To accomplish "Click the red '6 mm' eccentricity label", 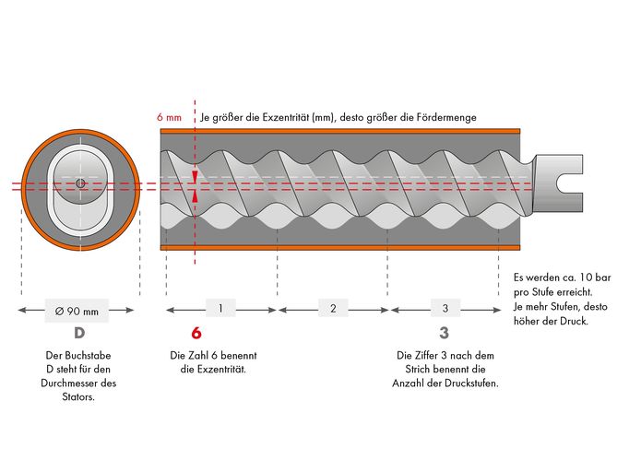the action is (169, 117).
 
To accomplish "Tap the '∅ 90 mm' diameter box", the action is (77, 311).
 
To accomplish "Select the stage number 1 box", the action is (220, 309).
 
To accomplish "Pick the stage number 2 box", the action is (333, 309).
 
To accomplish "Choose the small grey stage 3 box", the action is (445, 309).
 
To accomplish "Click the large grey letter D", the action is (79, 333).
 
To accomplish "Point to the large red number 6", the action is (196, 333).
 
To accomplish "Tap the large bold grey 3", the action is (444, 333).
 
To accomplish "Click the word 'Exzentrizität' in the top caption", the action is (286, 117).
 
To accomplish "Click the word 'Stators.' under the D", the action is (78, 397).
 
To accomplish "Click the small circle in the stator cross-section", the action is (80, 183).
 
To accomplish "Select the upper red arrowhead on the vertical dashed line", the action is (195, 176).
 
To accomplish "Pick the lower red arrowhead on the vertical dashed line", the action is (195, 195).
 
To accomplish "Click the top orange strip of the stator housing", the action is (340, 131).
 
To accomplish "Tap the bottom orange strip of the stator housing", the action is (340, 247).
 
